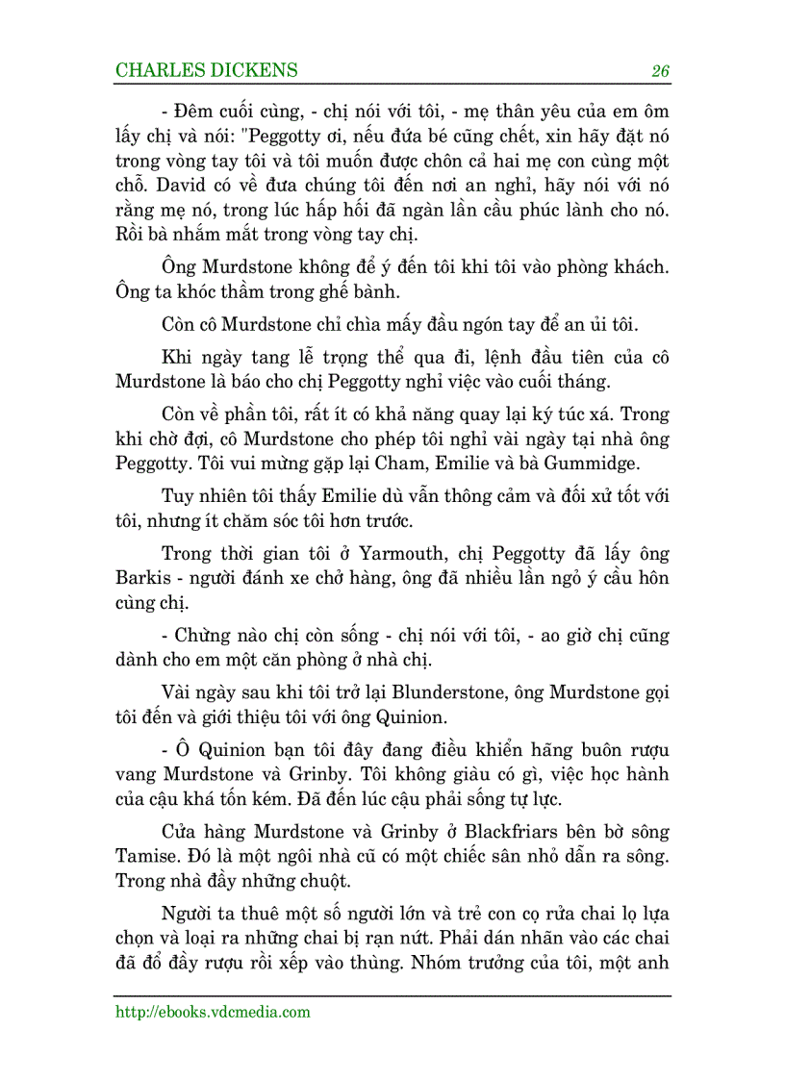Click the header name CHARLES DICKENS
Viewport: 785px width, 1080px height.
pyautogui.click(x=206, y=70)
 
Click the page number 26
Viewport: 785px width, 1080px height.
pyautogui.click(x=660, y=71)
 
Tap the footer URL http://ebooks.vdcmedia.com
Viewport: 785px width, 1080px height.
pyautogui.click(x=213, y=1011)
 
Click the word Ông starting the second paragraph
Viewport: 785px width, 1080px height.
pyautogui.click(x=180, y=267)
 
